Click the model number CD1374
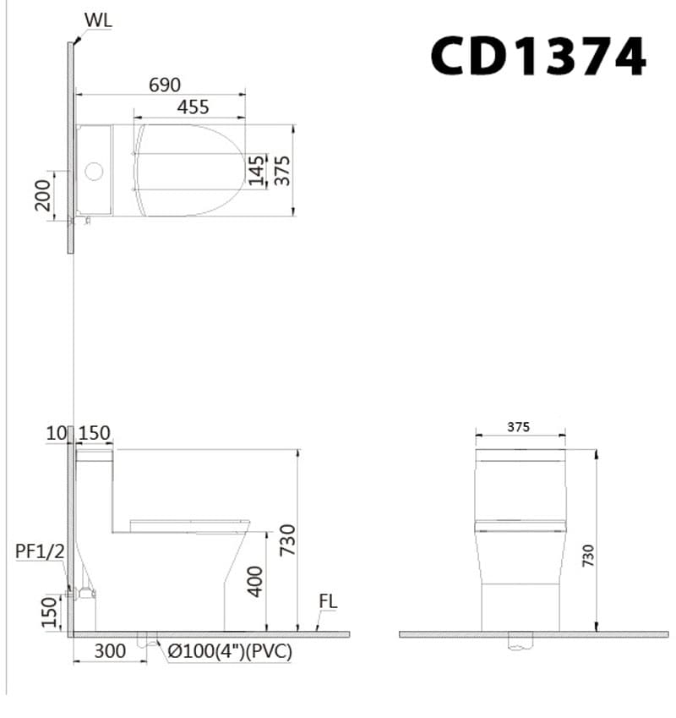(537, 57)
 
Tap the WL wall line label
(97, 20)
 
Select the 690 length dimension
(165, 85)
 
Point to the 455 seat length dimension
(193, 107)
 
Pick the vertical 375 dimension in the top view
(283, 170)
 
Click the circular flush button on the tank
(95, 173)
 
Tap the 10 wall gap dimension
(56, 434)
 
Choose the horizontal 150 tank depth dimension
(94, 434)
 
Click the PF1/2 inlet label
(40, 551)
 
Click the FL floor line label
(328, 602)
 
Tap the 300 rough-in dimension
(110, 651)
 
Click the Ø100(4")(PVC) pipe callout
(230, 651)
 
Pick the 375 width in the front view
(519, 427)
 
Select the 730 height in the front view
(588, 555)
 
